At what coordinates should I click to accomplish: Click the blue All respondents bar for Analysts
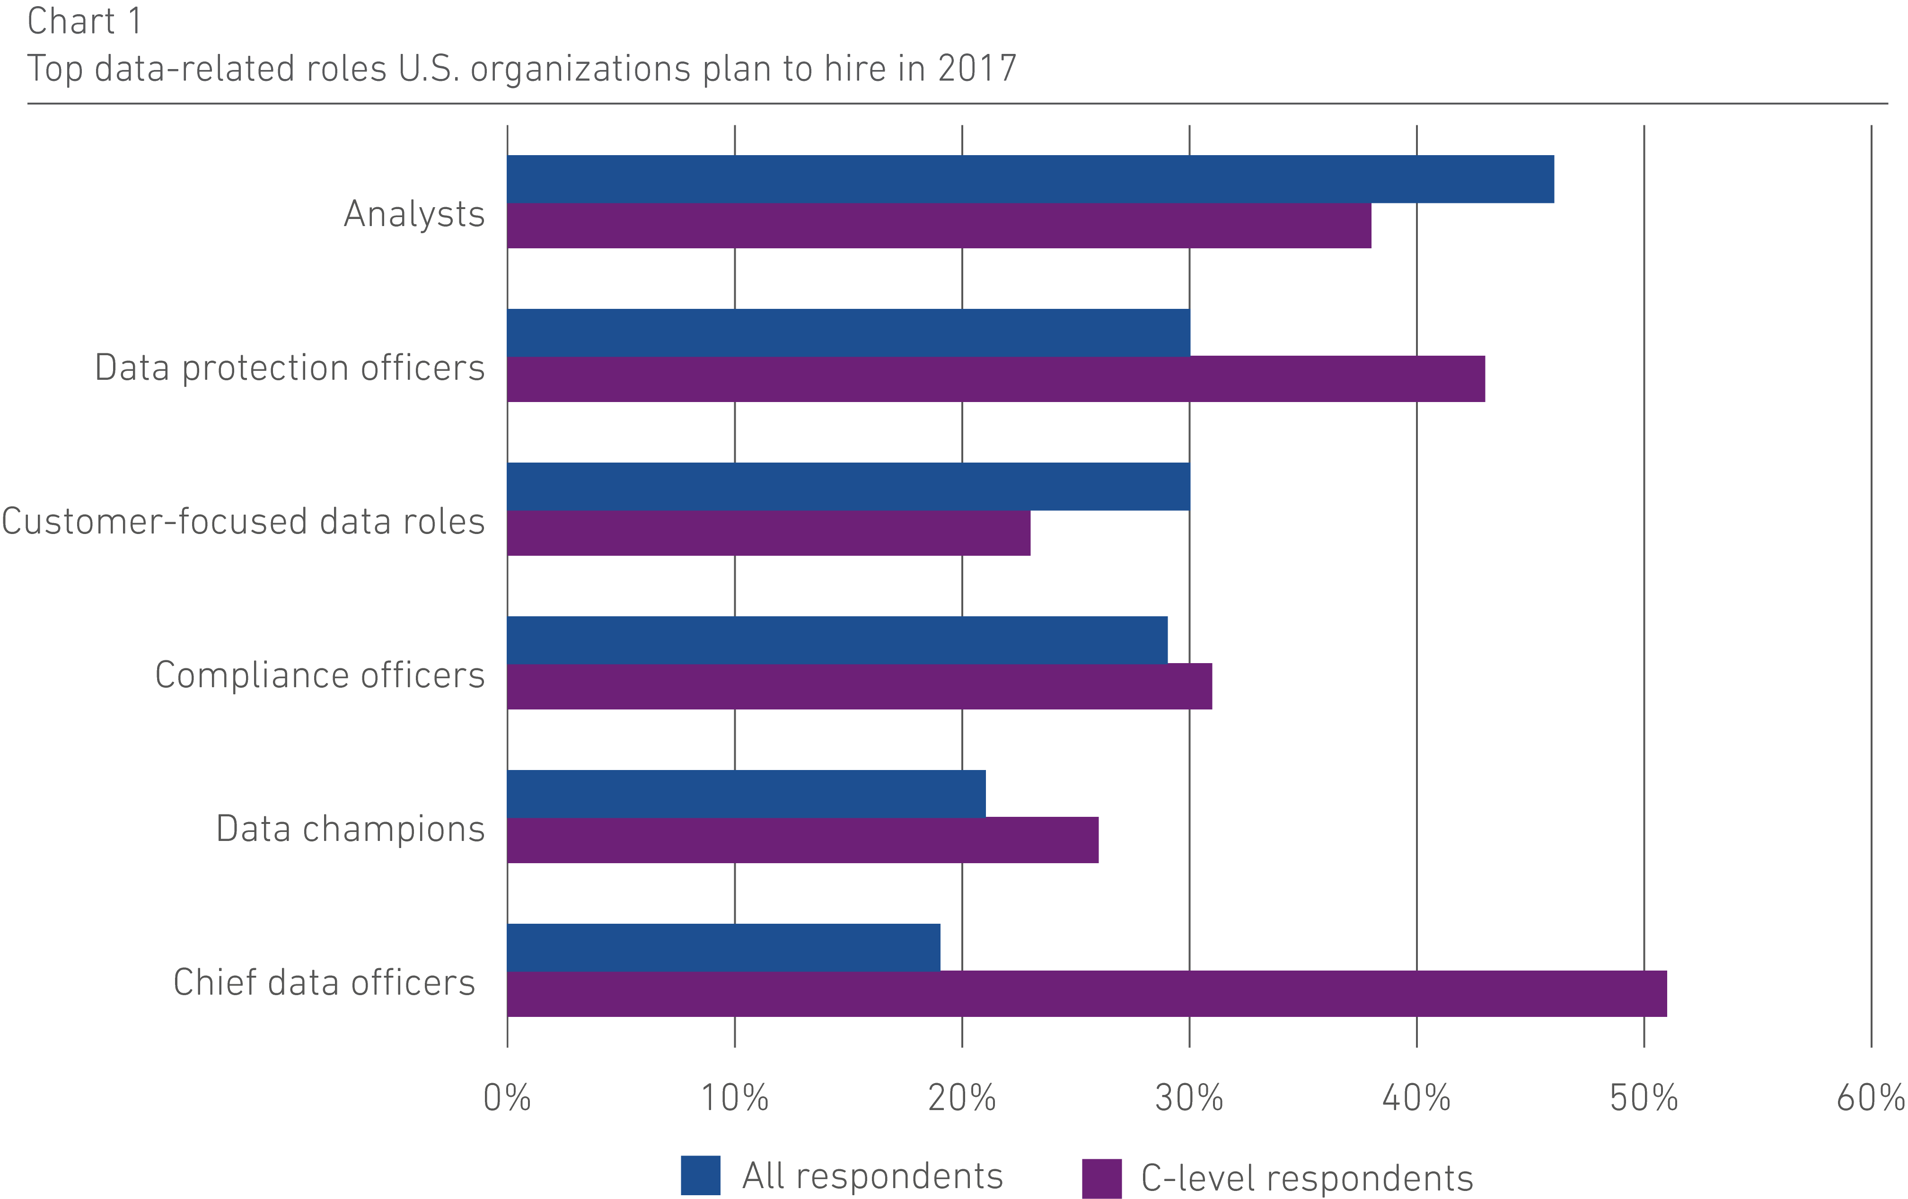click(1030, 179)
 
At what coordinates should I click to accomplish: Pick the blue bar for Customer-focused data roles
click(848, 486)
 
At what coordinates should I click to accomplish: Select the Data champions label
click(350, 828)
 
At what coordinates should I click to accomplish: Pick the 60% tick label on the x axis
click(1870, 1098)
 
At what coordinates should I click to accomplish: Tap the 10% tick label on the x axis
click(735, 1098)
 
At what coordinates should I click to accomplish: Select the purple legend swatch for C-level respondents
click(1101, 1178)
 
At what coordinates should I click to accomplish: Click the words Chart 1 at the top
click(85, 21)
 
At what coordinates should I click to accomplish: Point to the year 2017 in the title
click(977, 69)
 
